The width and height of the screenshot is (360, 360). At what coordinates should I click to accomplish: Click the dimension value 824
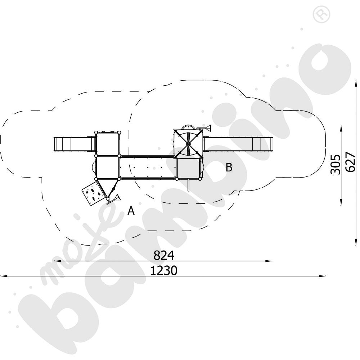[164, 255]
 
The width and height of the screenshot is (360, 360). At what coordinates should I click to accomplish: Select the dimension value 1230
[164, 270]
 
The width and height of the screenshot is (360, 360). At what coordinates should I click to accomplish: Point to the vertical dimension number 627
[350, 162]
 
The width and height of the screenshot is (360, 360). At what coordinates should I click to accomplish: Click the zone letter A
[131, 211]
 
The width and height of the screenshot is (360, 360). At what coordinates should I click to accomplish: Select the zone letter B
[229, 167]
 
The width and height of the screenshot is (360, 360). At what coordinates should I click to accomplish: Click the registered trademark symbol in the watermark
[321, 14]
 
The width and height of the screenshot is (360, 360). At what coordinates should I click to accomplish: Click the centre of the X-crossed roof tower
[188, 144]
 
